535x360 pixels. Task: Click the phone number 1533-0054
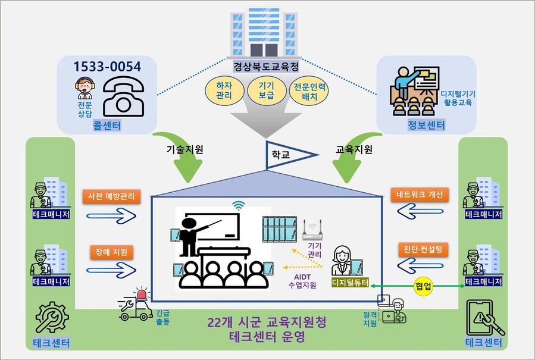pyautogui.click(x=108, y=67)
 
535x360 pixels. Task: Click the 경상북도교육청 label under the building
pyautogui.click(x=266, y=60)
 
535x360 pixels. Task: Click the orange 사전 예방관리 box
pyautogui.click(x=112, y=196)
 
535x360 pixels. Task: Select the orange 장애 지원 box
pyautogui.click(x=112, y=252)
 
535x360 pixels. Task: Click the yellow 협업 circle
pyautogui.click(x=424, y=287)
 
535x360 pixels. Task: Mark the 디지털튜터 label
pyautogui.click(x=351, y=281)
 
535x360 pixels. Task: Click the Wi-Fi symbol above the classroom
pyautogui.click(x=239, y=205)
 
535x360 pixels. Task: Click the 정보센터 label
pyautogui.click(x=428, y=126)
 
